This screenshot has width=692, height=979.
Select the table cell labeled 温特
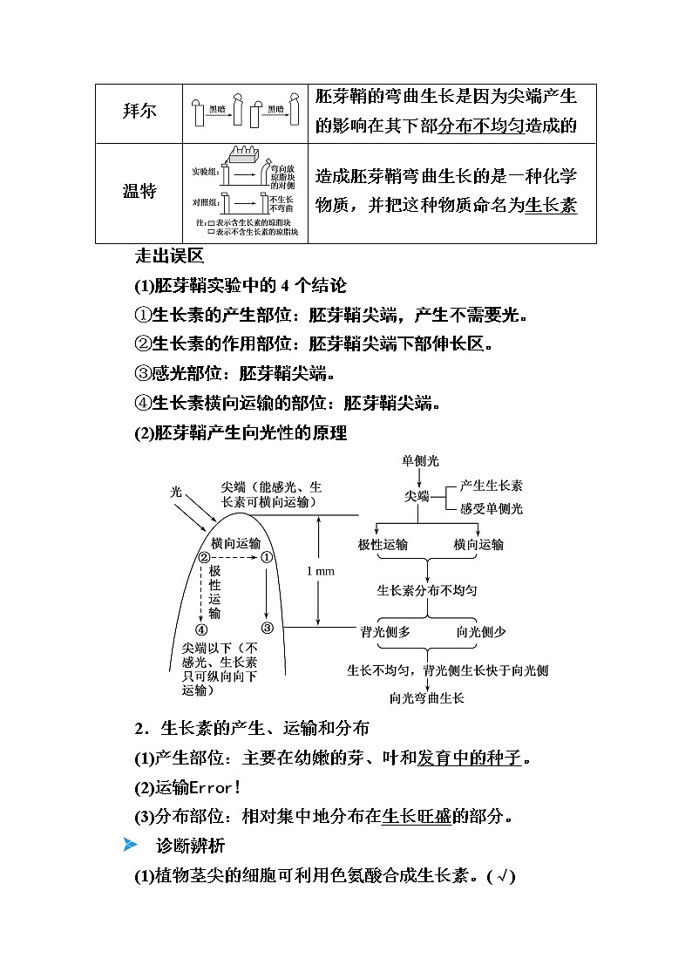point(139,192)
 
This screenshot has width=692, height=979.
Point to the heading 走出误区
point(169,256)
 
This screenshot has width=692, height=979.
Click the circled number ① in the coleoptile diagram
point(267,558)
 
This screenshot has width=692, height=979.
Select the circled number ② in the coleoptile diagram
point(205,558)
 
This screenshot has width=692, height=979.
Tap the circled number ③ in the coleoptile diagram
point(267,628)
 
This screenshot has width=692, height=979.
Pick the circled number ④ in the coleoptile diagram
point(202,629)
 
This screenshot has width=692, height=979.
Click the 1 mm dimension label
point(321,571)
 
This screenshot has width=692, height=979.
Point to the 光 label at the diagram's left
point(175,493)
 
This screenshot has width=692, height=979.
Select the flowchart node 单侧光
point(420,461)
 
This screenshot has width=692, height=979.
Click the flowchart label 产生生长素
point(491,486)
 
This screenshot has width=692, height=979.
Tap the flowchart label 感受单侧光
point(491,508)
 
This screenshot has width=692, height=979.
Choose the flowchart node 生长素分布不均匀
point(427,590)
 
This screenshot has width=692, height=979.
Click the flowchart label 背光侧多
point(385,633)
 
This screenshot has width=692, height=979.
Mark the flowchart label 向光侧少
point(480,633)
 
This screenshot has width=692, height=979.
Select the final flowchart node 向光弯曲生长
point(427,697)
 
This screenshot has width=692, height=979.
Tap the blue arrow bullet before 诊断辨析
point(131,845)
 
